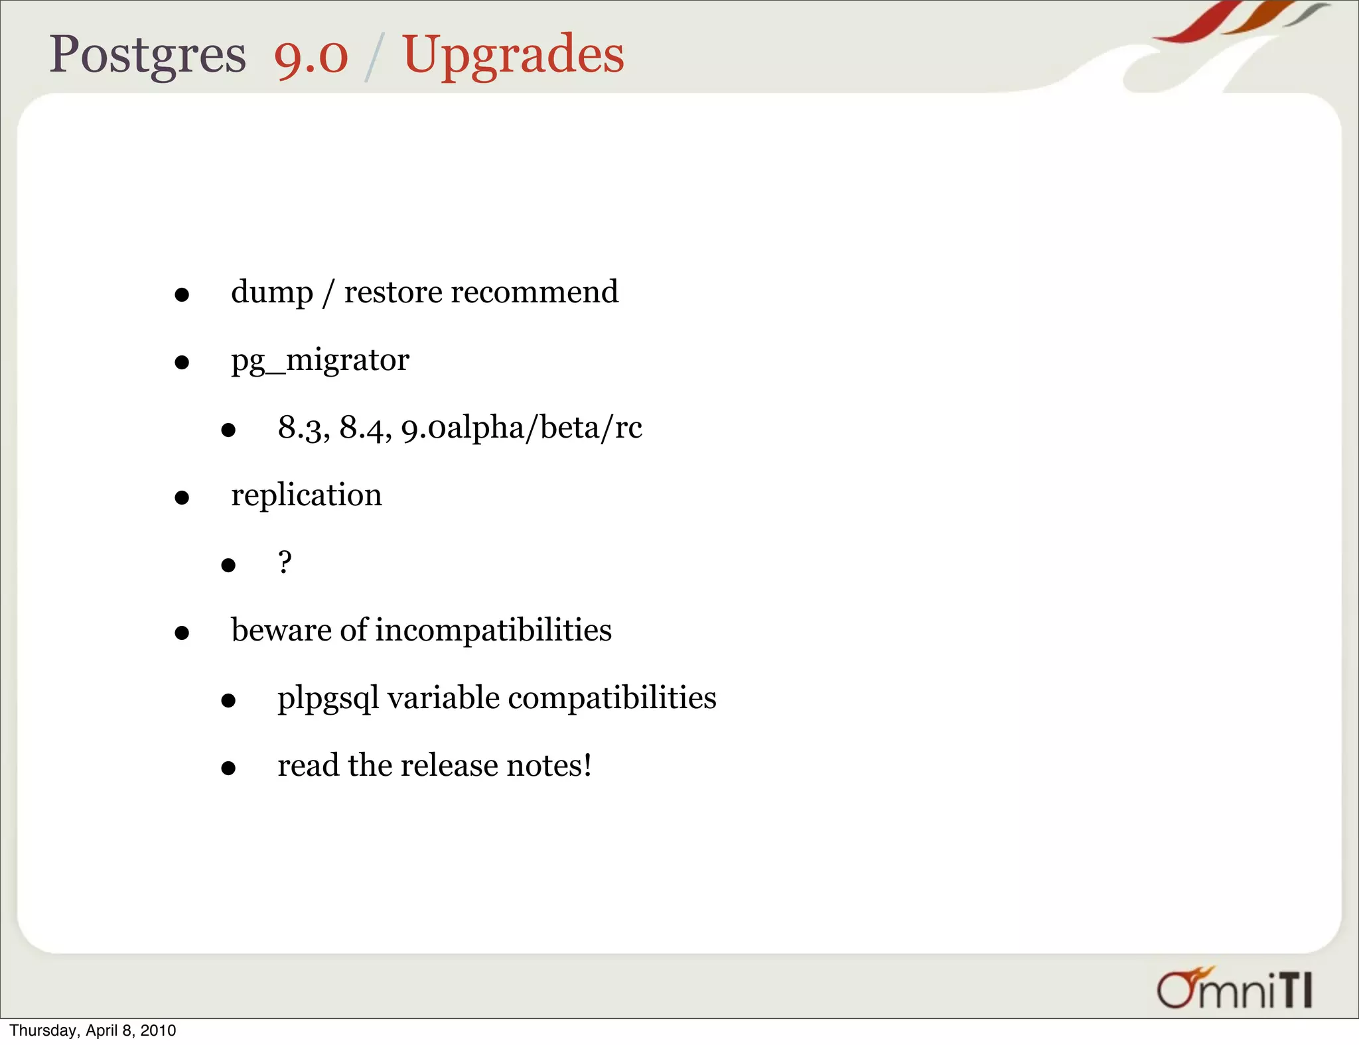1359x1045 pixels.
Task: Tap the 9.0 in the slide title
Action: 311,56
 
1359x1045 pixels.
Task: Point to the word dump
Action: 272,293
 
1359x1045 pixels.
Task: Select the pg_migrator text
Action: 320,361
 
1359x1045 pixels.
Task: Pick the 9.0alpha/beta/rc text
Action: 522,428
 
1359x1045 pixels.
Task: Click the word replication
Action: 306,495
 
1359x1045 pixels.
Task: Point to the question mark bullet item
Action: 285,563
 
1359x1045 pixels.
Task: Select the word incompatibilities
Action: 493,630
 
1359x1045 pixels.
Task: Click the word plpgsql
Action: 328,699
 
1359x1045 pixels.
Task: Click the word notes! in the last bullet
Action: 549,765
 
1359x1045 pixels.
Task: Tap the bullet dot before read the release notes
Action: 228,768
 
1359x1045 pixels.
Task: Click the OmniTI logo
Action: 1235,989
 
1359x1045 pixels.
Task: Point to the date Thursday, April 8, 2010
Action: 93,1030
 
